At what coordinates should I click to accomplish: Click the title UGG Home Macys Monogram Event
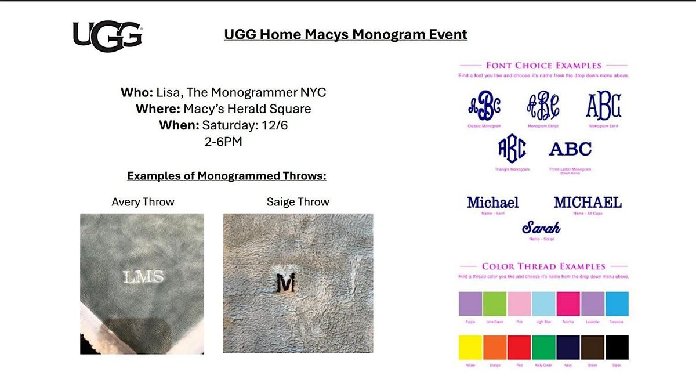(346, 35)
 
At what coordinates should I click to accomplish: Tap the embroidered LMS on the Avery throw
(144, 277)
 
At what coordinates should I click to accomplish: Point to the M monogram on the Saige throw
(286, 283)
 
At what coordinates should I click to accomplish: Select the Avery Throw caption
(143, 202)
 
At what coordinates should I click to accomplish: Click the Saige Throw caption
(298, 202)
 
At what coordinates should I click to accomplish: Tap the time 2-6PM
(223, 141)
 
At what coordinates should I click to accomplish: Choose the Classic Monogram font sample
(484, 107)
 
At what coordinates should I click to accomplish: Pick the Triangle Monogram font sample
(513, 149)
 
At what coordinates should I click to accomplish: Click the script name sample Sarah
(541, 227)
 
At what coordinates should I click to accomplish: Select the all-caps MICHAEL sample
(588, 203)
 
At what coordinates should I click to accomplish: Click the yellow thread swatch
(470, 347)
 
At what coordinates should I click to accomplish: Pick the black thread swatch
(617, 347)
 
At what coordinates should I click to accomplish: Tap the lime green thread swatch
(495, 304)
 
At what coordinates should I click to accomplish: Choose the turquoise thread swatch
(617, 304)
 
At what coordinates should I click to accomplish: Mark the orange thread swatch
(495, 347)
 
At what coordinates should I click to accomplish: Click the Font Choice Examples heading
(543, 66)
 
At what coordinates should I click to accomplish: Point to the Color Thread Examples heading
(543, 266)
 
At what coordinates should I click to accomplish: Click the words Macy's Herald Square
(247, 109)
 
